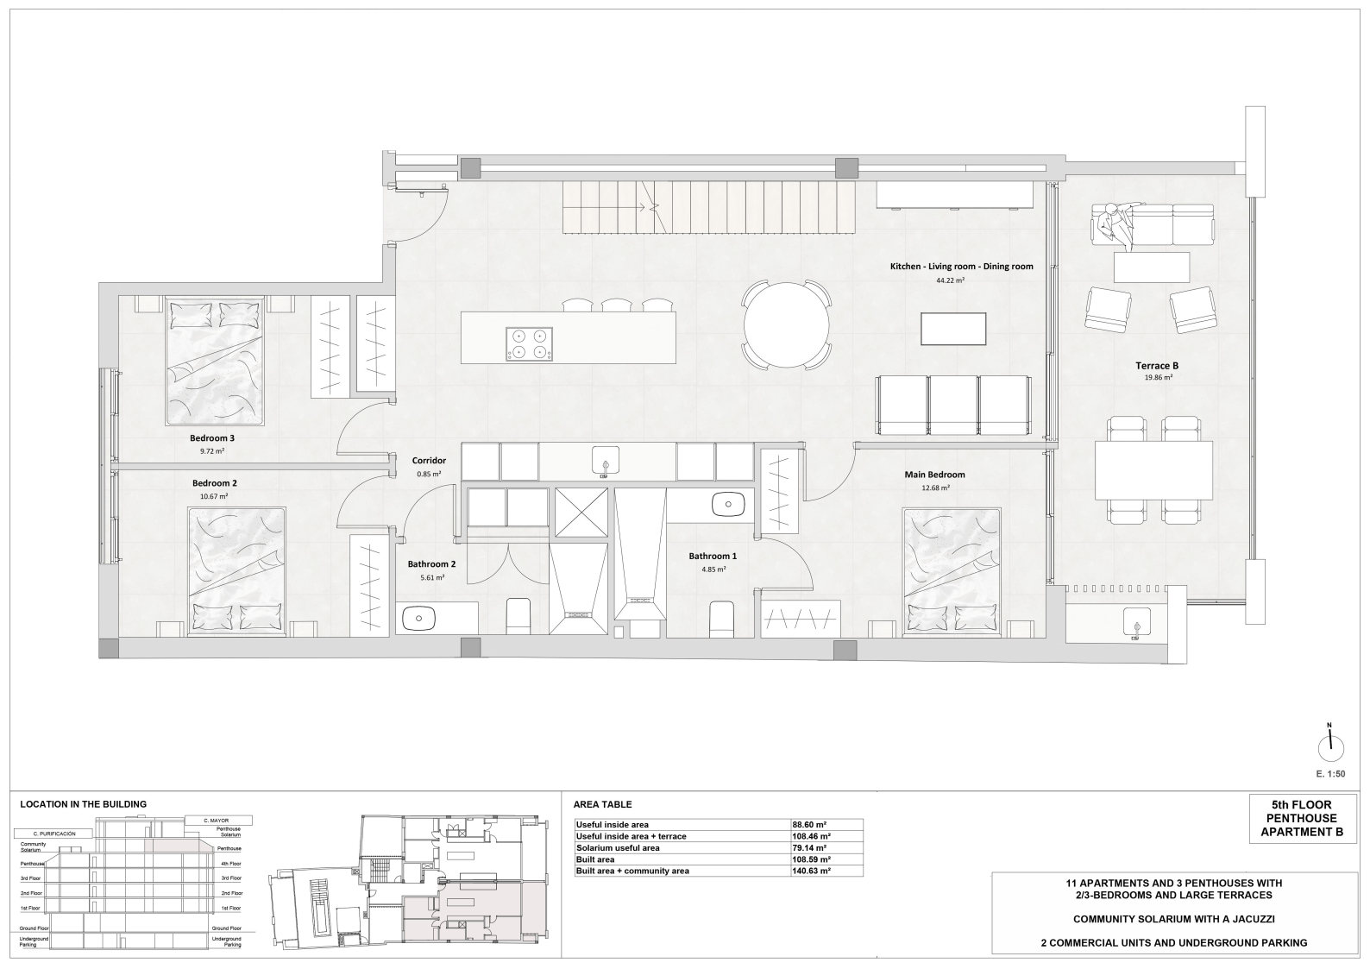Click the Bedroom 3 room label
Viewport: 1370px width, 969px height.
tap(212, 438)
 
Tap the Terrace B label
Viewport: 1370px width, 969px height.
tap(1157, 366)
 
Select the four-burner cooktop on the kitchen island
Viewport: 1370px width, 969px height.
tap(530, 343)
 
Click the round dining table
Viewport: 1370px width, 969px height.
tap(786, 324)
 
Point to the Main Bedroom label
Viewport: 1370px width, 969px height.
tap(934, 475)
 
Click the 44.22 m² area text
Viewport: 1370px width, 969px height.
tap(951, 280)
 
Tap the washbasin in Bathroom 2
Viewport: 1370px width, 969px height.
tap(419, 619)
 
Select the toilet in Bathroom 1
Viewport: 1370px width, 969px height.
tap(721, 619)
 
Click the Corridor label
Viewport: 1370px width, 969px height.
tap(429, 461)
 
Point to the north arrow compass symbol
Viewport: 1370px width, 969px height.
tap(1330, 748)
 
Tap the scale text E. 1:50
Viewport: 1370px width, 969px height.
tap(1331, 774)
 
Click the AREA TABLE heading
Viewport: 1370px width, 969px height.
tap(602, 805)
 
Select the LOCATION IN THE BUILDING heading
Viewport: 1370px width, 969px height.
tap(84, 804)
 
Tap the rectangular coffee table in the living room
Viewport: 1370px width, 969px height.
tap(953, 329)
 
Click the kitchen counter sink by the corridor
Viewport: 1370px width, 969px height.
tap(605, 459)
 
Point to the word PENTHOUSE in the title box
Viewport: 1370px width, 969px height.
tap(1302, 819)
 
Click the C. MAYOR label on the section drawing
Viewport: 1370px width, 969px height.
tap(218, 821)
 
